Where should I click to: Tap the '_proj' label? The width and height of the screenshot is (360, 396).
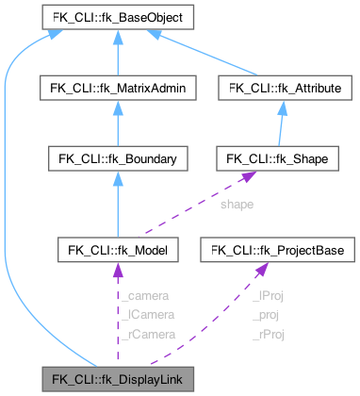pos(266,314)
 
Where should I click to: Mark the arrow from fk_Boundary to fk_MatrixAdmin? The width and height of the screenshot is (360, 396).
pos(116,124)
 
